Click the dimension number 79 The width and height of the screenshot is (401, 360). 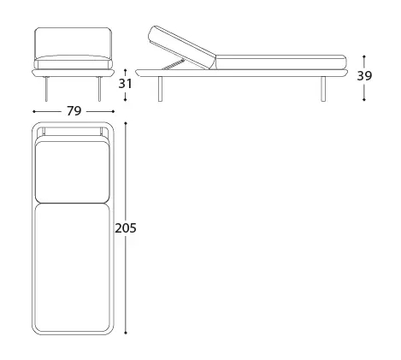pos(74,111)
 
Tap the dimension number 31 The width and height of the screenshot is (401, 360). pos(125,84)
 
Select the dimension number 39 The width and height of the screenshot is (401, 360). pos(364,76)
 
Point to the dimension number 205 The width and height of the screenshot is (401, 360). pos(126,228)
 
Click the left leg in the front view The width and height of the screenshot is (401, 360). pos(47,89)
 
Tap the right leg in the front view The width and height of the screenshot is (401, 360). pos(99,89)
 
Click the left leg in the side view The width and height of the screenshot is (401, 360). pos(160,89)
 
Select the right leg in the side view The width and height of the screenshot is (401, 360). pos(323,89)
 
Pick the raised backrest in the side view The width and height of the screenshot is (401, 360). pos(182,47)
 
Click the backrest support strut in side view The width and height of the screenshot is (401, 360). pos(174,63)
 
